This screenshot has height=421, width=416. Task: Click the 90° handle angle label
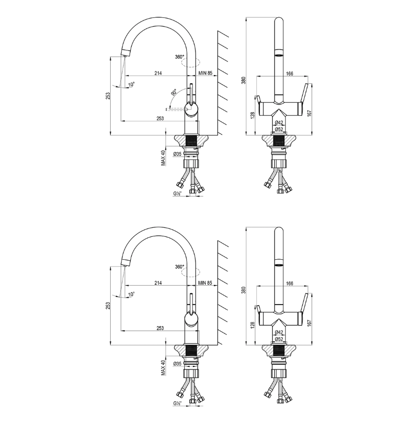pos(174,93)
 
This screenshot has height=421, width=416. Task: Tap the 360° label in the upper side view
pos(179,57)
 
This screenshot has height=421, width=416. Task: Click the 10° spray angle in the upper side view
pos(132,84)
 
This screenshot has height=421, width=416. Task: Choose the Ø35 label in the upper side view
pos(177,154)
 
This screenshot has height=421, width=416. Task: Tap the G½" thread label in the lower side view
pos(177,403)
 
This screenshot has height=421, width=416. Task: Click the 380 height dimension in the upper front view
pos(243,80)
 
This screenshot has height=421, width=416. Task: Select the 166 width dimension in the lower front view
pos(289,283)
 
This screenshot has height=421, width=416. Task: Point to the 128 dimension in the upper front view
pos(252,116)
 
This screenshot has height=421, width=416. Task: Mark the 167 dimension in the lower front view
pos(309,325)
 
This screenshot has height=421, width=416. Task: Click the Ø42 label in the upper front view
pos(279,122)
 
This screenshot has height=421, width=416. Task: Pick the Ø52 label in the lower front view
pos(279,339)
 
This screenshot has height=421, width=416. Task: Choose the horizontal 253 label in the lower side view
pos(160,328)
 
